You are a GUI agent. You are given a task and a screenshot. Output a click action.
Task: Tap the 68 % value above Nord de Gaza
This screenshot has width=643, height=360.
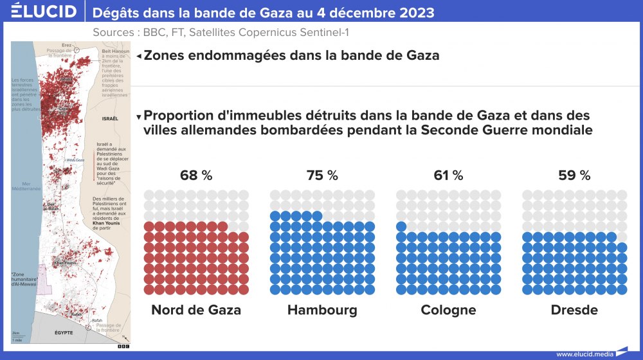click(x=196, y=175)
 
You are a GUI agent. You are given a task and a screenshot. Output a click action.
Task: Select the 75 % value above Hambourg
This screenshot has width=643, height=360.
click(x=322, y=175)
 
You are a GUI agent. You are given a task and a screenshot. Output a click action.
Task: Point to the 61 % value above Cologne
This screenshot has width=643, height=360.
click(x=448, y=175)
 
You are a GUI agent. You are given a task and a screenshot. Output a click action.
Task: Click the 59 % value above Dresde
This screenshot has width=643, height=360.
click(x=574, y=175)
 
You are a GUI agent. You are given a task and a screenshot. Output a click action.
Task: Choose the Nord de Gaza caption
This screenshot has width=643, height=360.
click(x=196, y=310)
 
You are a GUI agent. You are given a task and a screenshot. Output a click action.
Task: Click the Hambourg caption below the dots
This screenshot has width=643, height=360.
click(x=322, y=310)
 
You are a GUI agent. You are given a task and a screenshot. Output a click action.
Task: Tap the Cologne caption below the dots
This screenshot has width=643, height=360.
click(x=448, y=310)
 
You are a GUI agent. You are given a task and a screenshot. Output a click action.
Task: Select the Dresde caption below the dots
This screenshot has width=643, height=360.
click(x=574, y=310)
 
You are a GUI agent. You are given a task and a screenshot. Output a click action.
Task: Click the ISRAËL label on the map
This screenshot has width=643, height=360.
click(x=111, y=119)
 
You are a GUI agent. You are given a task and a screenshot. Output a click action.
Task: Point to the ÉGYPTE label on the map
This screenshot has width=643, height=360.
click(x=63, y=332)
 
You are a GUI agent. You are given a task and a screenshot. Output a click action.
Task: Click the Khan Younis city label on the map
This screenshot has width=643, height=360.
click(x=64, y=262)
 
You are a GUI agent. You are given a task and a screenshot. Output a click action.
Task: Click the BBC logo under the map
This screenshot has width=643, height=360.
click(x=123, y=346)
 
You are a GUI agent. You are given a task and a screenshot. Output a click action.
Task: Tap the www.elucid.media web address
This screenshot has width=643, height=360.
click(x=584, y=354)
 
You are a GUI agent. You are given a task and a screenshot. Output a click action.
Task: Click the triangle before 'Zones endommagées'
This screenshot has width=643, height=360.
click(x=139, y=57)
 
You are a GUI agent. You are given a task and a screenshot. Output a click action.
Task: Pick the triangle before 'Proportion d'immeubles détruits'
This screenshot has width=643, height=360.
click(x=139, y=118)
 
